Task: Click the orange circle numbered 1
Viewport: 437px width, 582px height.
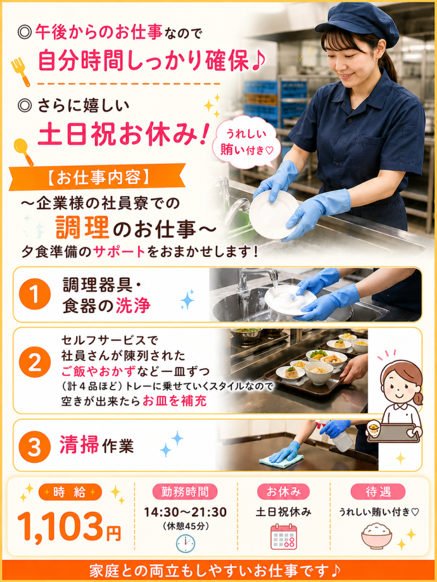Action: [x=35, y=295]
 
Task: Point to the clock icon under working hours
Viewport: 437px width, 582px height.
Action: [x=185, y=543]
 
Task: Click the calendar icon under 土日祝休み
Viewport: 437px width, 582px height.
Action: [x=284, y=536]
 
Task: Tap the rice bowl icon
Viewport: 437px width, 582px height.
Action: [x=377, y=536]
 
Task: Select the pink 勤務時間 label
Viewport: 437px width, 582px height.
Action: [x=185, y=492]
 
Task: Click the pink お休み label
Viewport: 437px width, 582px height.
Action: [x=284, y=492]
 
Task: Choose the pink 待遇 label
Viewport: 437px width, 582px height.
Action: [x=378, y=492]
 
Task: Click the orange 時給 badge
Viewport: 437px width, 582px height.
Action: [x=70, y=492]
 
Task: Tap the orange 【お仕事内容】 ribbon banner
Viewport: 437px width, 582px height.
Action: [x=98, y=177]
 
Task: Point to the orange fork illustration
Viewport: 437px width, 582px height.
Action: [x=20, y=72]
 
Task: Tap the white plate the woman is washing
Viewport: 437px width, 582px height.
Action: [x=274, y=214]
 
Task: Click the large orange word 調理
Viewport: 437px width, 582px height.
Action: [x=82, y=228]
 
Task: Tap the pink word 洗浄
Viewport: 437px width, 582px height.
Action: [x=132, y=306]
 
